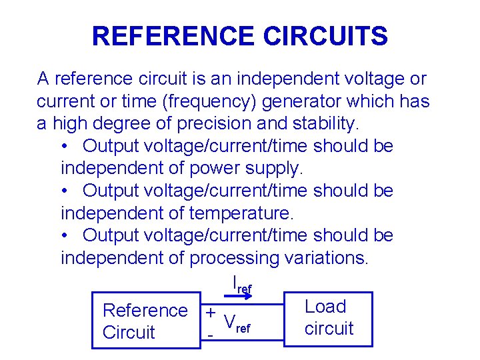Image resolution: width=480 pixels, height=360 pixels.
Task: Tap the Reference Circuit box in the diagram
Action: (x=145, y=321)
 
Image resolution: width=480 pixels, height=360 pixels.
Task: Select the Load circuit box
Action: (x=329, y=318)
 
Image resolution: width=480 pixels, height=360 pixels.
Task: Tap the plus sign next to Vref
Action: (x=210, y=313)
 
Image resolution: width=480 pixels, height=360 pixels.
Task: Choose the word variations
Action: (x=325, y=258)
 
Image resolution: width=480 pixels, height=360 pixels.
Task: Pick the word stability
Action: (x=324, y=124)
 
